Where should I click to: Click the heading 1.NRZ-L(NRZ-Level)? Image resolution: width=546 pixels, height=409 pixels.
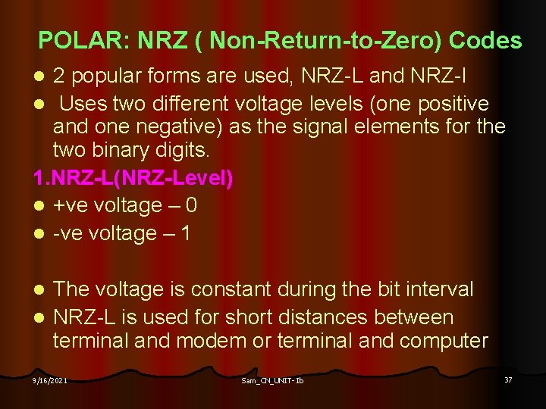[133, 179]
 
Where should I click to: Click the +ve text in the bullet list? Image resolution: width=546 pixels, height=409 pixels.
[71, 206]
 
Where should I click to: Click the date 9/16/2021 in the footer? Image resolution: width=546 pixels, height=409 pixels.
[49, 380]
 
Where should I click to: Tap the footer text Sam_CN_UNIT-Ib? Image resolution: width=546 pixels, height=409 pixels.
[271, 380]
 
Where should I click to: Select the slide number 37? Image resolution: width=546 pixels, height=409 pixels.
[508, 379]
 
